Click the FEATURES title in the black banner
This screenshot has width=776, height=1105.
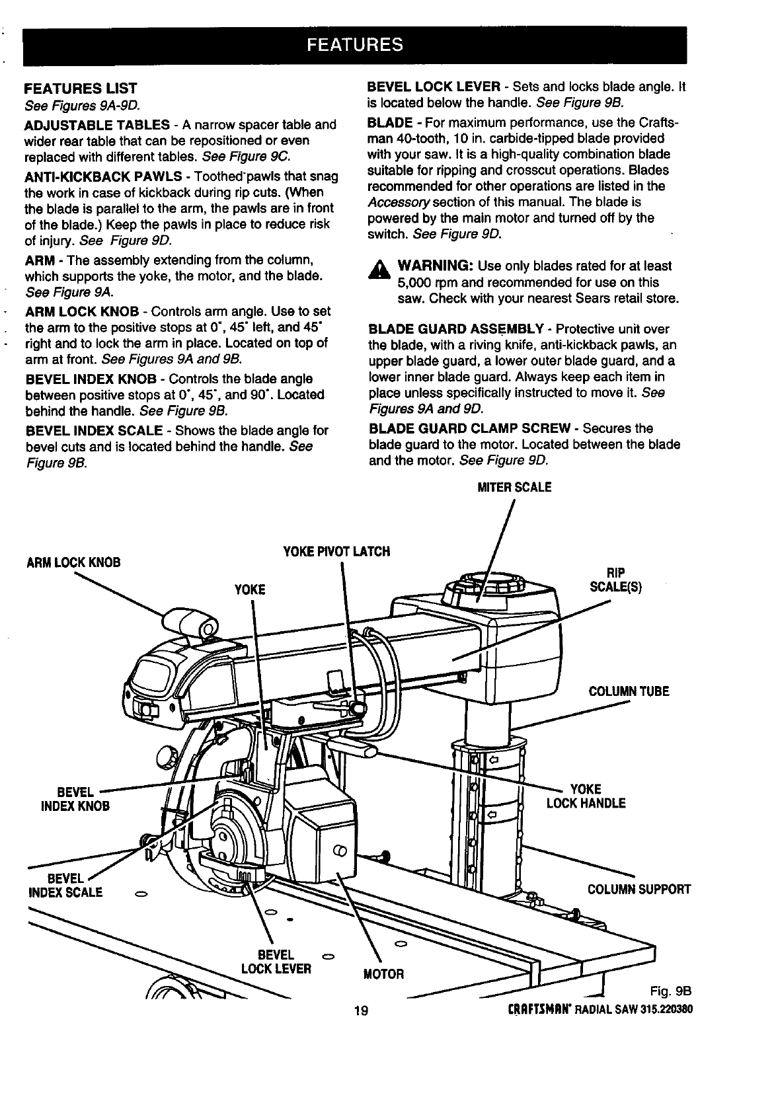point(354,45)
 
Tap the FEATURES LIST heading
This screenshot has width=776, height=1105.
point(81,89)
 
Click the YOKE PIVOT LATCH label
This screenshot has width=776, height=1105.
point(336,551)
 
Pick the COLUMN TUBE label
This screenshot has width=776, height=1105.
point(629,692)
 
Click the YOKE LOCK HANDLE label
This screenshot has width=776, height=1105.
point(586,796)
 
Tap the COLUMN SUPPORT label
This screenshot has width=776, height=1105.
point(639,889)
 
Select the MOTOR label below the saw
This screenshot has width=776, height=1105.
point(383,974)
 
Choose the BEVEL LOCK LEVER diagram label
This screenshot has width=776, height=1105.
point(276,962)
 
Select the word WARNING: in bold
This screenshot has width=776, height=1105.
point(434,266)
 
